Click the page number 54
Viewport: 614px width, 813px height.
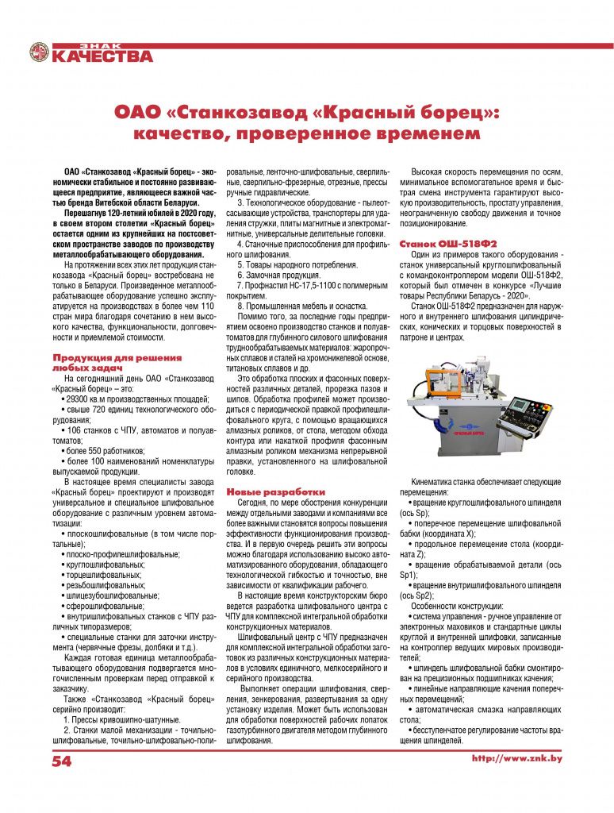coord(63,761)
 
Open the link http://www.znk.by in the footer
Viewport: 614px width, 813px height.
coord(516,759)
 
